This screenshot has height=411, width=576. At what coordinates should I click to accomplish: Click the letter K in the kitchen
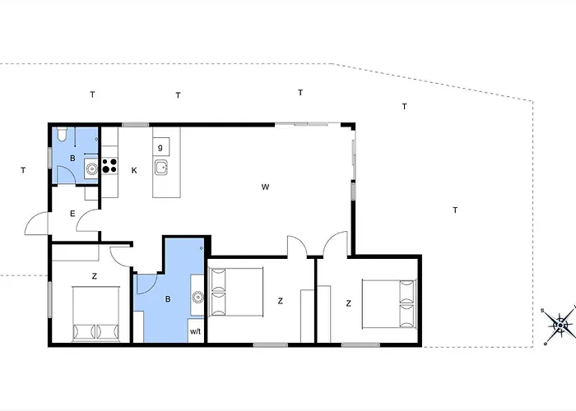point(133,171)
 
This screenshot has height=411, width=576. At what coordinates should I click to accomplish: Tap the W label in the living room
point(265,187)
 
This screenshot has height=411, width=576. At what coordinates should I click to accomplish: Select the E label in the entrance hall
point(72,214)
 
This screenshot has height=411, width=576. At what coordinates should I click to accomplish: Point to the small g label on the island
point(160,147)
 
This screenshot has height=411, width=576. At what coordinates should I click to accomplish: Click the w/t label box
point(196,331)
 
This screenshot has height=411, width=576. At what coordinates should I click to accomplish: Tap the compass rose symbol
point(560,325)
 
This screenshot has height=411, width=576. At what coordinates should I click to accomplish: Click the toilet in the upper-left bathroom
point(61,136)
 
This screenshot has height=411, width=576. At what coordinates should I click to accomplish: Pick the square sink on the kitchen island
point(162,169)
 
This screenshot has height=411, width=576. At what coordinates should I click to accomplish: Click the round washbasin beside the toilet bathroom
point(92,169)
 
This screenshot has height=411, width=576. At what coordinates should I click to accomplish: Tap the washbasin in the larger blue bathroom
point(197,298)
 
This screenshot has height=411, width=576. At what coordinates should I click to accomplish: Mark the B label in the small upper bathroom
point(72,157)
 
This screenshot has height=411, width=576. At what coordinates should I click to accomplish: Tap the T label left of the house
point(23,170)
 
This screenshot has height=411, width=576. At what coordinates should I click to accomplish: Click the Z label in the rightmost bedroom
point(349,303)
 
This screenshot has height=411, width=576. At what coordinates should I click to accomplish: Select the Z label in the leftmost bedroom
point(95,275)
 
